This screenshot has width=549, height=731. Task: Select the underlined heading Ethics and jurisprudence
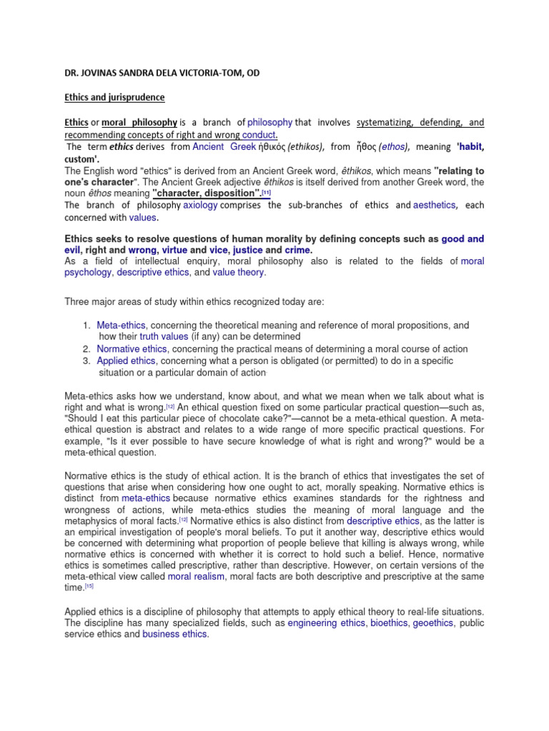pos(114,97)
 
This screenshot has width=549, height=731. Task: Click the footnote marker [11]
pos(266,193)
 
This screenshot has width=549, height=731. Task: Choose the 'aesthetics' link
pos(434,205)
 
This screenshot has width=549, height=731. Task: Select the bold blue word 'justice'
pos(247,251)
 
